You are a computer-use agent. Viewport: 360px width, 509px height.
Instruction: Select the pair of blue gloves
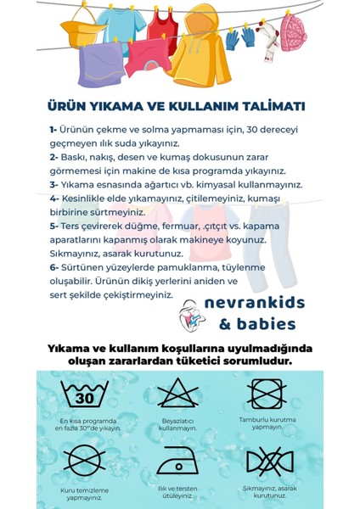(x=239, y=37)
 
